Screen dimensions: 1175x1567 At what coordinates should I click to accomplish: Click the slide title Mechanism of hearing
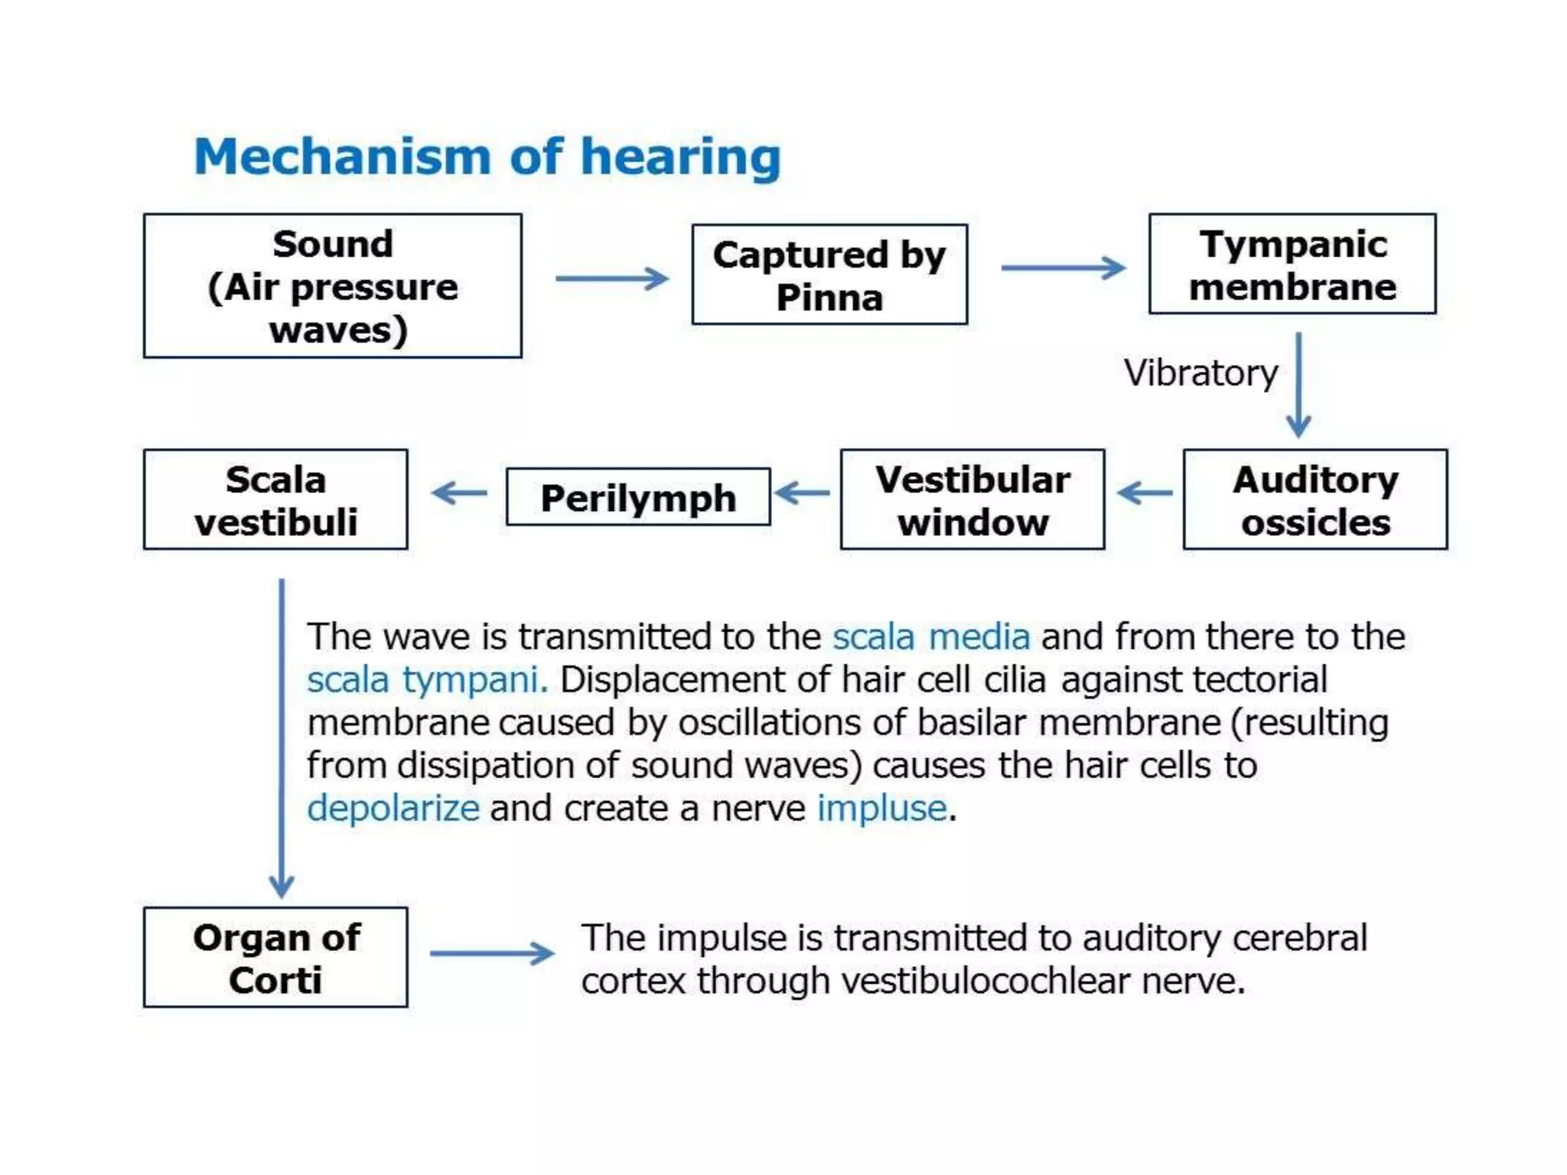click(487, 157)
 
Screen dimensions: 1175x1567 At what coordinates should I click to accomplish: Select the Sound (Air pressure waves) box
click(333, 286)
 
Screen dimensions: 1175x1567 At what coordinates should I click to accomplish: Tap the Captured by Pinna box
click(829, 275)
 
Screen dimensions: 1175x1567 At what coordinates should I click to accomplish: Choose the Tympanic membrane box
click(1292, 264)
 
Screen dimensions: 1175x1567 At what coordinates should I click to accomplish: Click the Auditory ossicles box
click(1315, 500)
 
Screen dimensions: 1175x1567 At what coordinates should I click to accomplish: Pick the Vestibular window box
click(972, 500)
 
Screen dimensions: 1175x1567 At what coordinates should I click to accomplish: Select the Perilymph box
click(638, 497)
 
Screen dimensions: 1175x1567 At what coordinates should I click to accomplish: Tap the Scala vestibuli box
click(275, 500)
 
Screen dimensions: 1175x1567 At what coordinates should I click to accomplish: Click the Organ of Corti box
click(275, 958)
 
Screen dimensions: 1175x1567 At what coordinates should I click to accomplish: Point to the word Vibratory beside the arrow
click(1200, 373)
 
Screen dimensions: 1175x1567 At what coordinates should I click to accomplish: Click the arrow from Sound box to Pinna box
click(612, 278)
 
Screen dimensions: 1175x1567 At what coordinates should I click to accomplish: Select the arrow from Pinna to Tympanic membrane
click(1064, 268)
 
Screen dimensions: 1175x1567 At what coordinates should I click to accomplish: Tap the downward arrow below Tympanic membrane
click(1298, 385)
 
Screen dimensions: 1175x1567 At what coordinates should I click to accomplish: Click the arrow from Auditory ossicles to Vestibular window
click(1145, 493)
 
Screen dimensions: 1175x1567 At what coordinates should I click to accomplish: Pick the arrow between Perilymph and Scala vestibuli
click(459, 493)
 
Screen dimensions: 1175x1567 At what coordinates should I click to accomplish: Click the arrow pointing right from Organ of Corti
click(492, 953)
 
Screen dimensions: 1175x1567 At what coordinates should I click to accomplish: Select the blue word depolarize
click(393, 809)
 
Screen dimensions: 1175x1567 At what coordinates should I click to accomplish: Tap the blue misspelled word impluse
click(882, 809)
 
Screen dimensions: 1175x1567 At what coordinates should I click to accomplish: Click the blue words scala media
click(931, 637)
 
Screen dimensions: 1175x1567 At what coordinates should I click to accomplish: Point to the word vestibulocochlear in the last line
click(985, 981)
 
